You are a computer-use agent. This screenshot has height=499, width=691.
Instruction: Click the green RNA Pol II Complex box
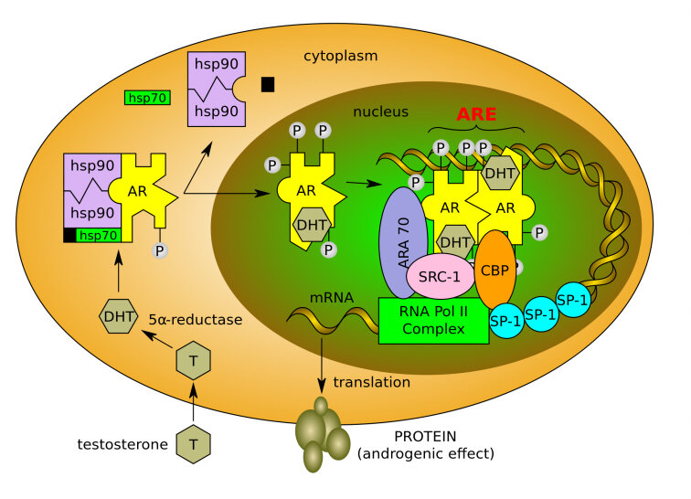pyautogui.click(x=433, y=320)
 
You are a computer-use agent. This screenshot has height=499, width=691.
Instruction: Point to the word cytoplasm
pyautogui.click(x=341, y=57)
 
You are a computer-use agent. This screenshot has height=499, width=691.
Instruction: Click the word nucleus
pyautogui.click(x=380, y=111)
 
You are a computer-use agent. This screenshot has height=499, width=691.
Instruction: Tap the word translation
pyautogui.click(x=372, y=382)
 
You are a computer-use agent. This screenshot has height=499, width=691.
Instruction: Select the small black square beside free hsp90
pyautogui.click(x=268, y=84)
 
